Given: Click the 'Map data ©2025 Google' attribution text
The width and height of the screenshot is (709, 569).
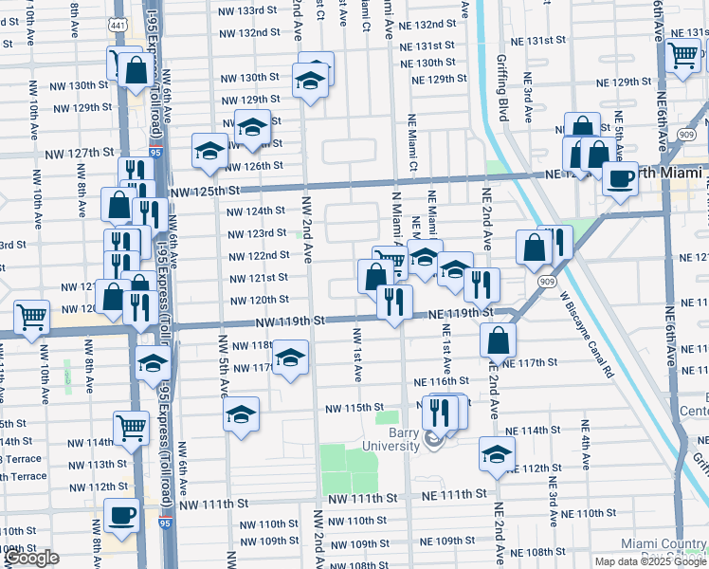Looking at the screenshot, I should [649, 561].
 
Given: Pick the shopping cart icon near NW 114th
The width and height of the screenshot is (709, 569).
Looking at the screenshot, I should [130, 428].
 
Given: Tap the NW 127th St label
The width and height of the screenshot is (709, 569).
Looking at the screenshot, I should [79, 153].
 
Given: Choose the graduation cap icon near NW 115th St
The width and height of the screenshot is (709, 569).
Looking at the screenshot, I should [242, 414].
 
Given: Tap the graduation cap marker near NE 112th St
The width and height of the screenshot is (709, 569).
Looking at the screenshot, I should [497, 453].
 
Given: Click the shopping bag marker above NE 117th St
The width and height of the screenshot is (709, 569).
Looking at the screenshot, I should [498, 340].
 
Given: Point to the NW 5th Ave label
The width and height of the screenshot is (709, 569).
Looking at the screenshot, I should [225, 365].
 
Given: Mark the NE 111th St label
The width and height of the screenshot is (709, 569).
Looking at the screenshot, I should [449, 495].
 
